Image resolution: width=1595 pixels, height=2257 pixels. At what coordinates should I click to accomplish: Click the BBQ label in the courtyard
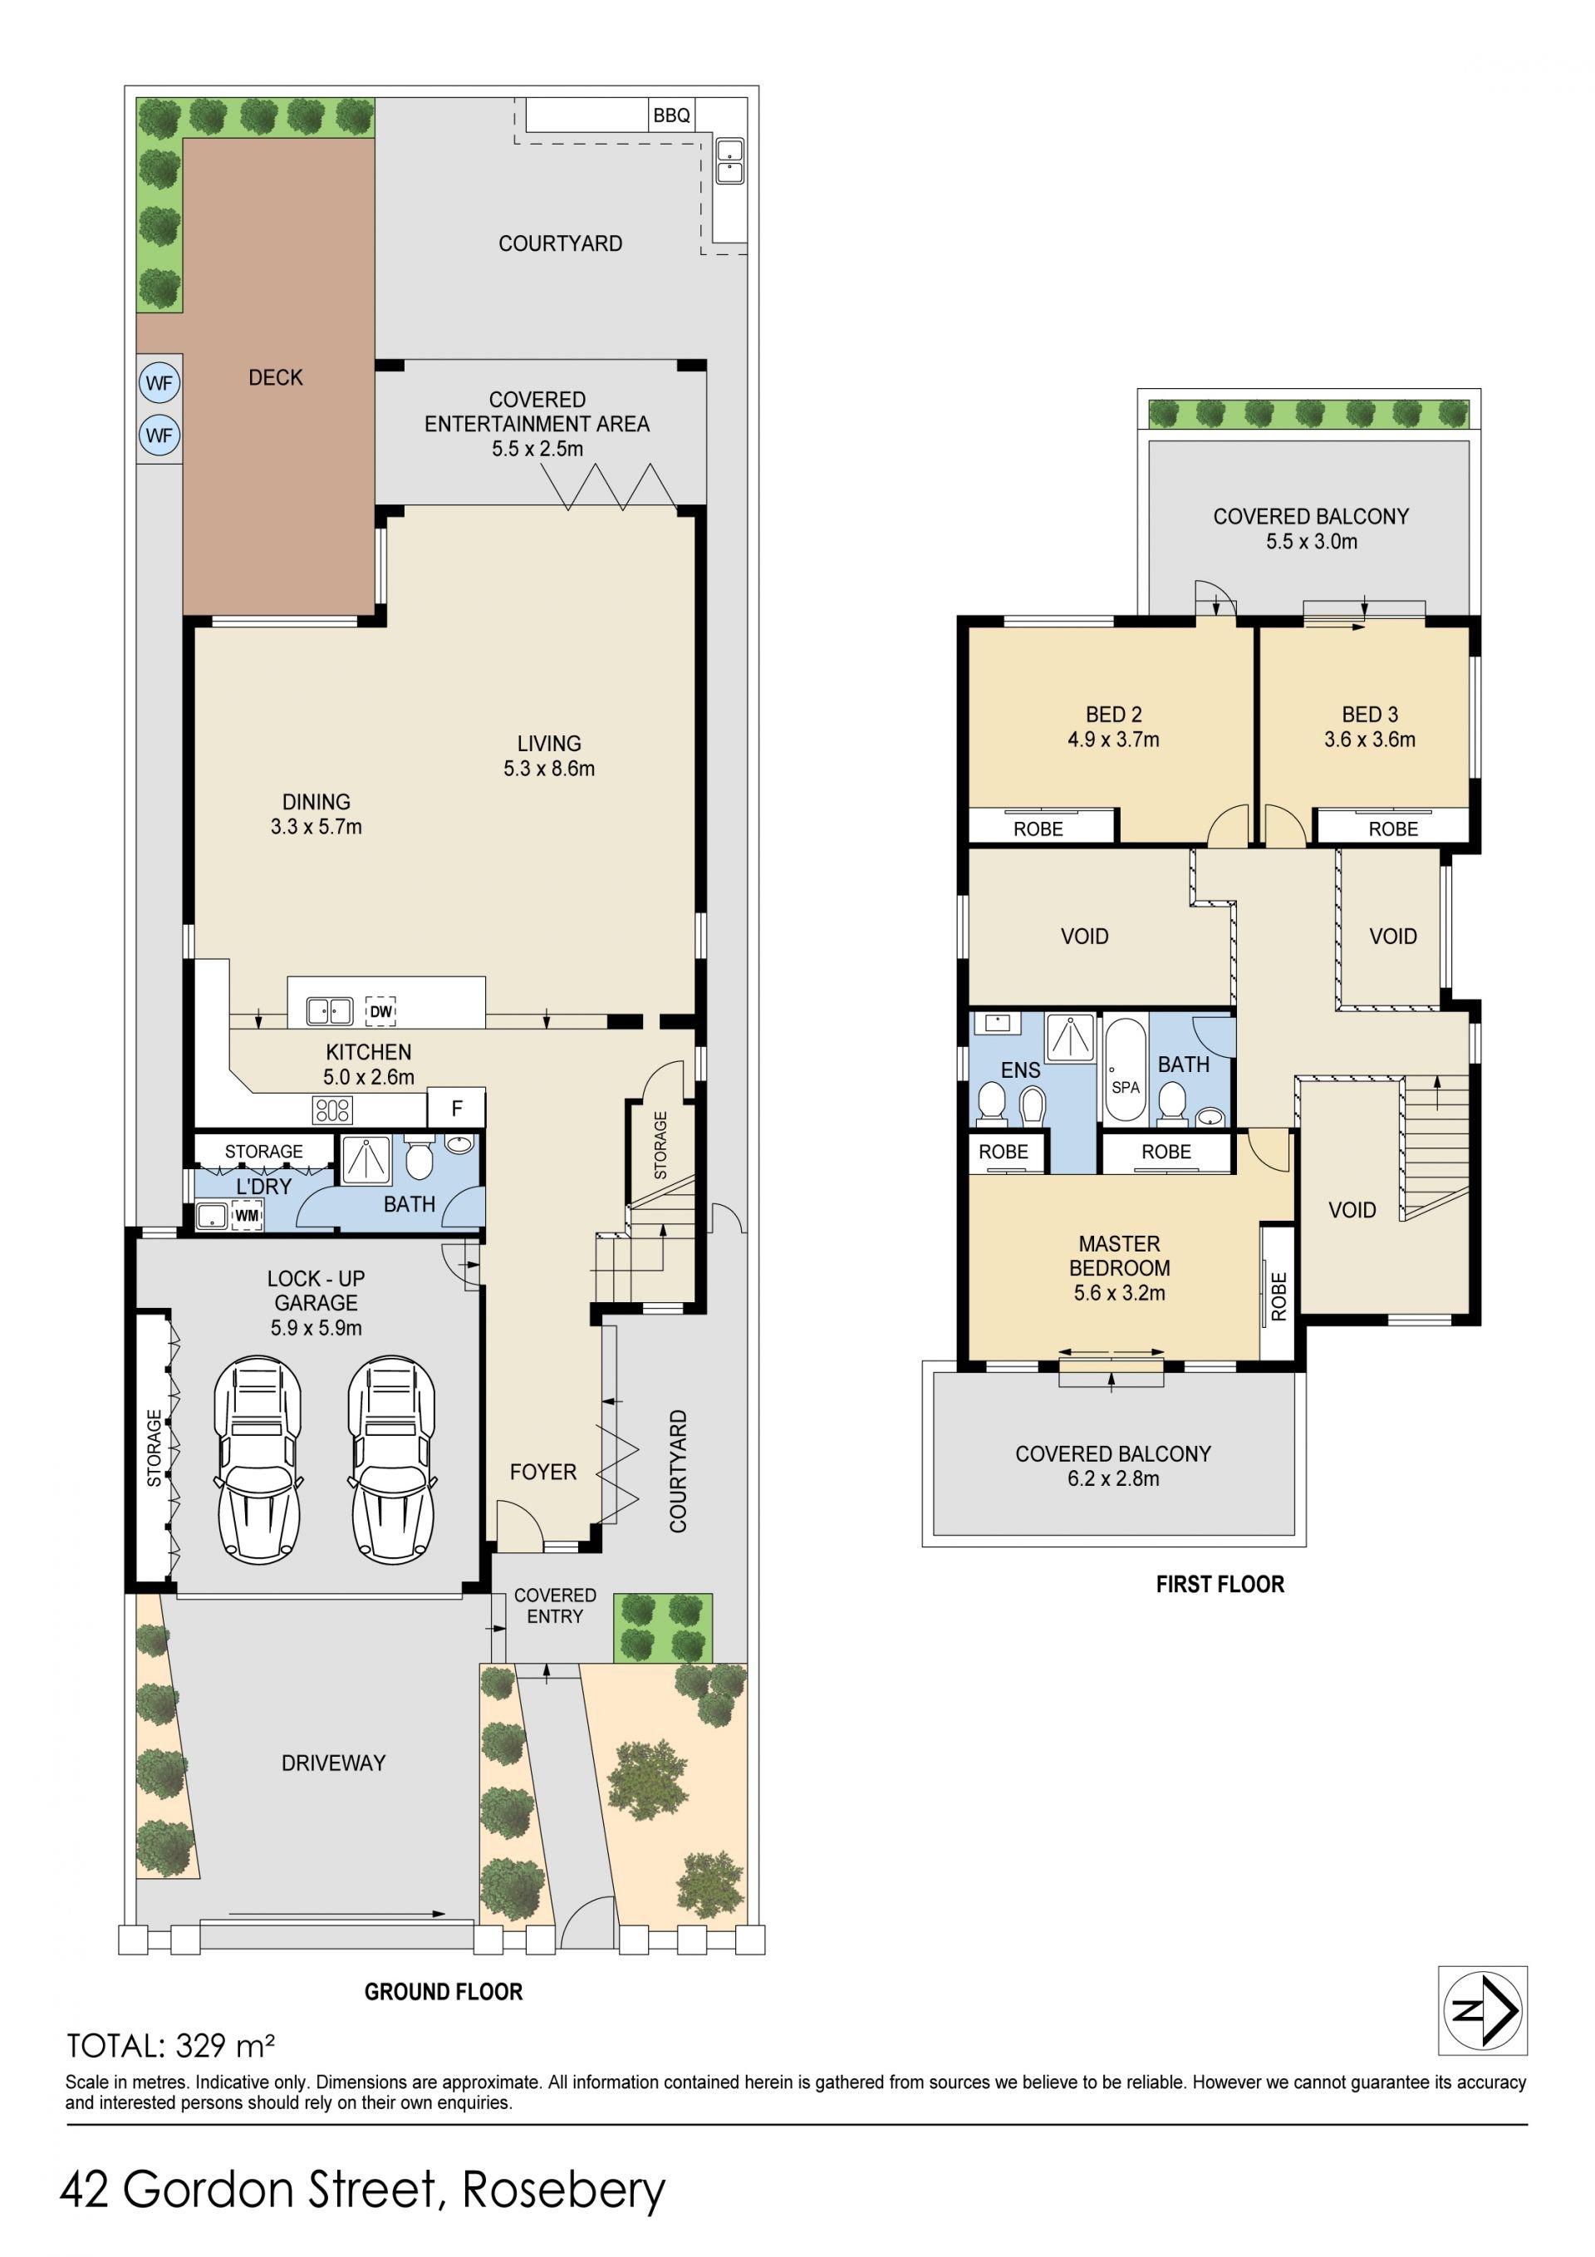671,115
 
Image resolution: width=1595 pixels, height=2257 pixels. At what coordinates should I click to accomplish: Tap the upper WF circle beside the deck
159,383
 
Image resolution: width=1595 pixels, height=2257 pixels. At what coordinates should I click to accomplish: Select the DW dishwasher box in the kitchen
380,1010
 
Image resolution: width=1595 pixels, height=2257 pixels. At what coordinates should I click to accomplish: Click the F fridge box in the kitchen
457,1108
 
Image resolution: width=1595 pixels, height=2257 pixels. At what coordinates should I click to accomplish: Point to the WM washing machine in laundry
247,1216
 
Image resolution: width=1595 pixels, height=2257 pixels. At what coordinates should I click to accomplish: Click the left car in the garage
258,1460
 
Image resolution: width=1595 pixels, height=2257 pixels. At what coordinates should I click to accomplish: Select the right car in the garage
391,1460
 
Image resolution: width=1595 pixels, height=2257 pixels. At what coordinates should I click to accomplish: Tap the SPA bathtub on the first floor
1126,1071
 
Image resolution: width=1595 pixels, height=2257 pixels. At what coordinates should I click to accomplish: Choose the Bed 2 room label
1113,715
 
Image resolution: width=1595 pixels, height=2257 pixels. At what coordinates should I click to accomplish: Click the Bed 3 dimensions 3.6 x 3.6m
1369,740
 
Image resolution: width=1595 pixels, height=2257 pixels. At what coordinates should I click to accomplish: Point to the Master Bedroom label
1119,1256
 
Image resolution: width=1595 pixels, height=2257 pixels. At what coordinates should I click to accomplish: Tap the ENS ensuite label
1020,1070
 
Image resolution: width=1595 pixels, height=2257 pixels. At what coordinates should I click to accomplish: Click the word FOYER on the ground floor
542,1472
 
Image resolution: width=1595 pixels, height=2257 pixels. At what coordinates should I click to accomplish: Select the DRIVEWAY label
333,1763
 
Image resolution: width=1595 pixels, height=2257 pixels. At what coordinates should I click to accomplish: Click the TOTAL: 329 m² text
171,2046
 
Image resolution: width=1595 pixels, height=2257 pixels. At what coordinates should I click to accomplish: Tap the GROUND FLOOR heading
444,1992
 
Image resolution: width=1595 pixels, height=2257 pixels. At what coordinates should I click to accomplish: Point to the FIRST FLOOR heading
1220,1584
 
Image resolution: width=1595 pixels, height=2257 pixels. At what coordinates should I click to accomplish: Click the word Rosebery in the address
563,2191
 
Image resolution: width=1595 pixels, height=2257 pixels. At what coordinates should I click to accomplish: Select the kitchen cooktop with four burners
332,1110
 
